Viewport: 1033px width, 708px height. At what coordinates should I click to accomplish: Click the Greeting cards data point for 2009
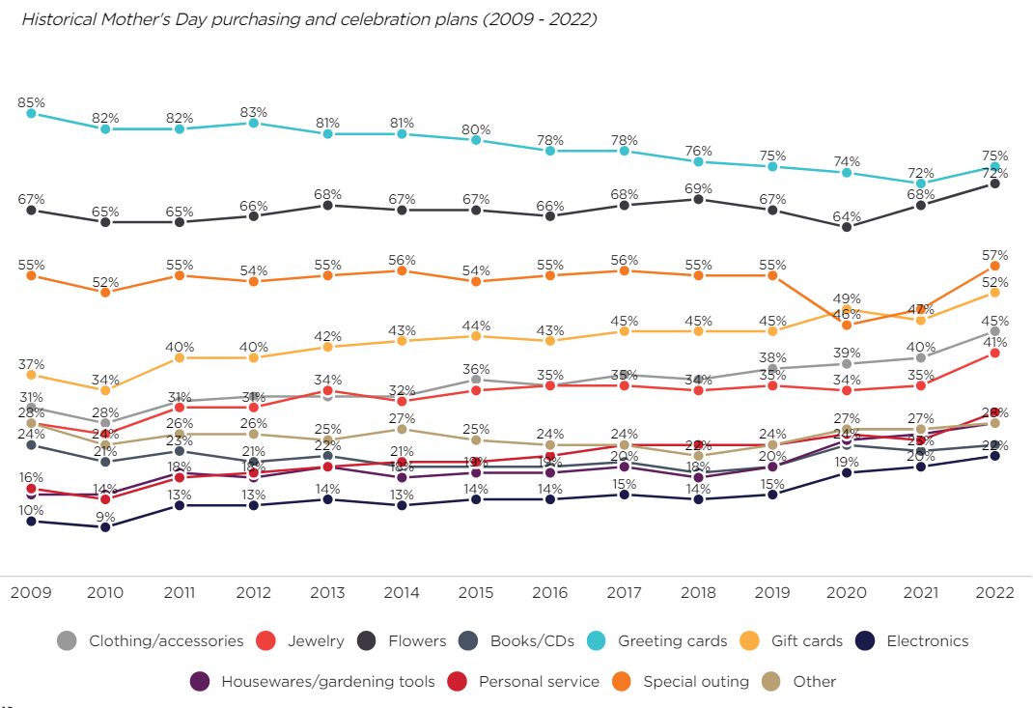31,113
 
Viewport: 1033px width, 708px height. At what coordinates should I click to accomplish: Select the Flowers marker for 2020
847,227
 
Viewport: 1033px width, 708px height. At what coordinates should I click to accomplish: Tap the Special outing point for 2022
995,266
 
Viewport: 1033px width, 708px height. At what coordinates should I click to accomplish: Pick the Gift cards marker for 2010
105,390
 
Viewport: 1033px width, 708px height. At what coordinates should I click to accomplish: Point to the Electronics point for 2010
105,527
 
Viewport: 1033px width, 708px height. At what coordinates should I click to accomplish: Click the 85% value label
31,101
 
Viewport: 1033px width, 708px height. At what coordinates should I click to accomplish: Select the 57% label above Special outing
995,255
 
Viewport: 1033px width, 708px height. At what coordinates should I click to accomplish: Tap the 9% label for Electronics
105,516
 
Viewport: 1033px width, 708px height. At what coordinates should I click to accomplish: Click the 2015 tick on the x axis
476,592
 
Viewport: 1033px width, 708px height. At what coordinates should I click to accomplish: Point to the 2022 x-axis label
995,592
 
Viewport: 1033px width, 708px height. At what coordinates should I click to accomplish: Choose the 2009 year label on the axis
31,592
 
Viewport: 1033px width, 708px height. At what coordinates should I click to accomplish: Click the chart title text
308,19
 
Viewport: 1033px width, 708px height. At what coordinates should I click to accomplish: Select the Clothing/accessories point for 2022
995,331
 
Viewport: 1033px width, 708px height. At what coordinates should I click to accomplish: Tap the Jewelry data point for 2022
995,354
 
